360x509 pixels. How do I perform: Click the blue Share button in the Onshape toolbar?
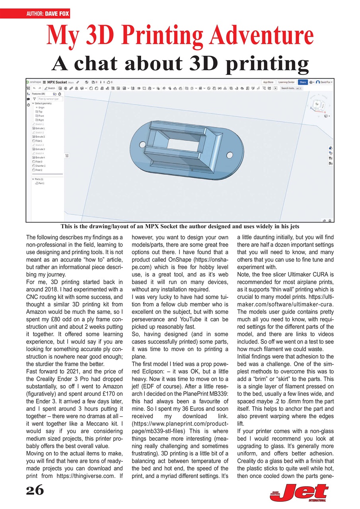coord(303,82)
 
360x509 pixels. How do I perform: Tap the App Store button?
coord(268,82)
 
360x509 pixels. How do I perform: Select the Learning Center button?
coord(286,82)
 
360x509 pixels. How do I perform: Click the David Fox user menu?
coord(324,82)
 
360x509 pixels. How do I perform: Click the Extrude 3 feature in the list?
coord(40,149)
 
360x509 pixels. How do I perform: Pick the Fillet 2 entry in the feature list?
coord(39,170)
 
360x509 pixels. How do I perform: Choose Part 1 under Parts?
coord(41,183)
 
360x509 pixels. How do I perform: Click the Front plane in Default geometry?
coord(41,116)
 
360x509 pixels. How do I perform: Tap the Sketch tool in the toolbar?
coord(50,88)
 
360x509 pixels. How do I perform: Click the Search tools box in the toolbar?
coord(290,88)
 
